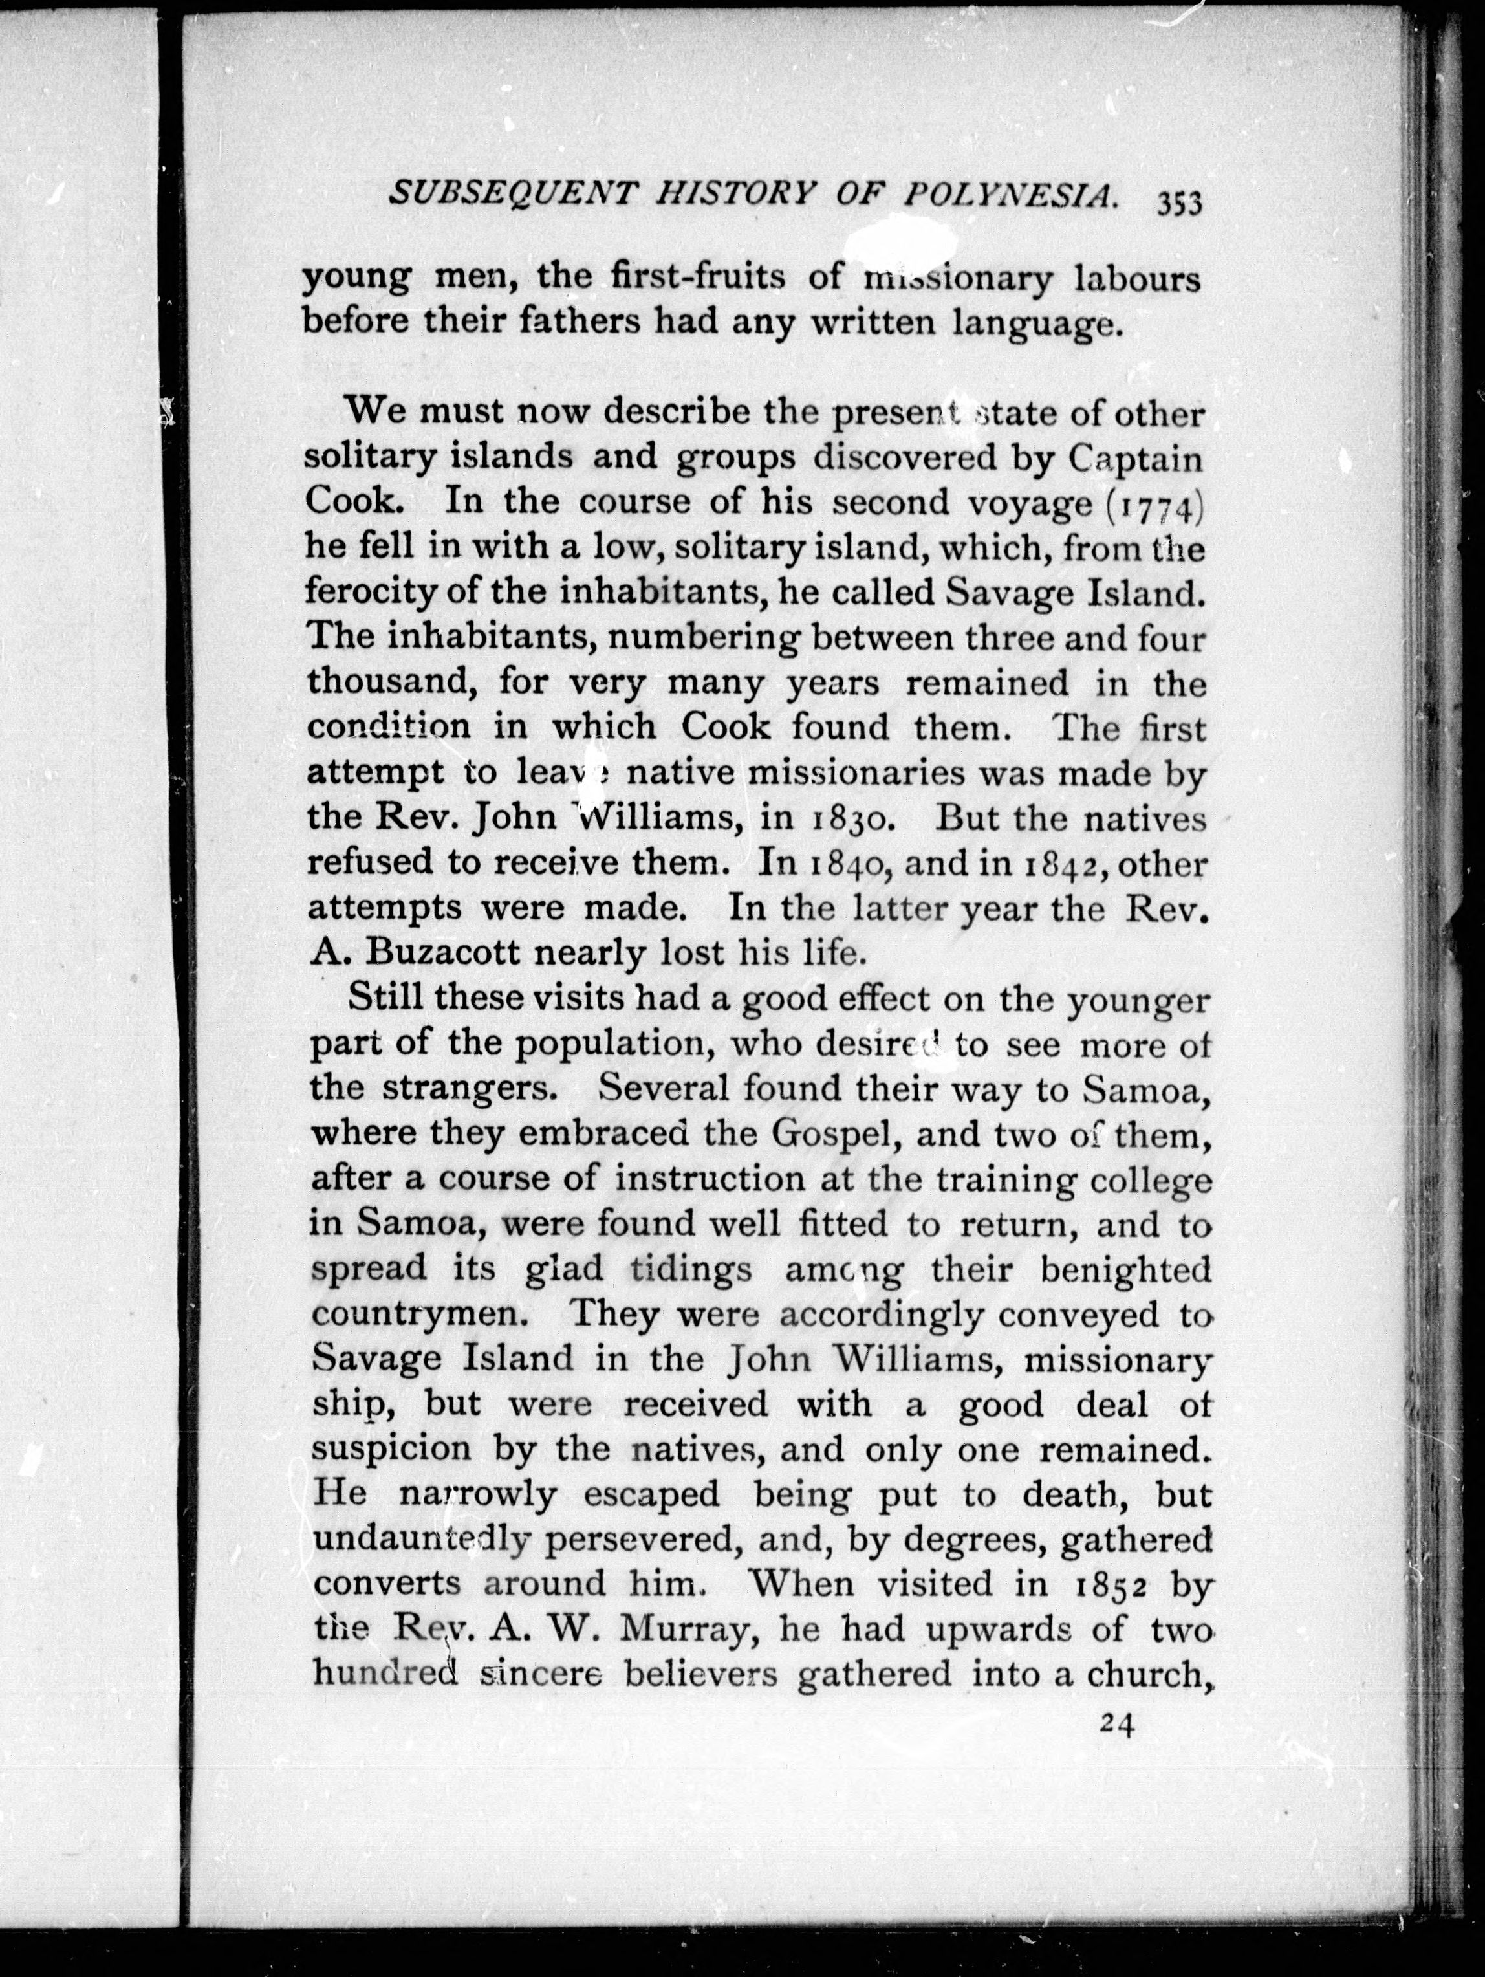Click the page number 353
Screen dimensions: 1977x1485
pos(1180,204)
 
